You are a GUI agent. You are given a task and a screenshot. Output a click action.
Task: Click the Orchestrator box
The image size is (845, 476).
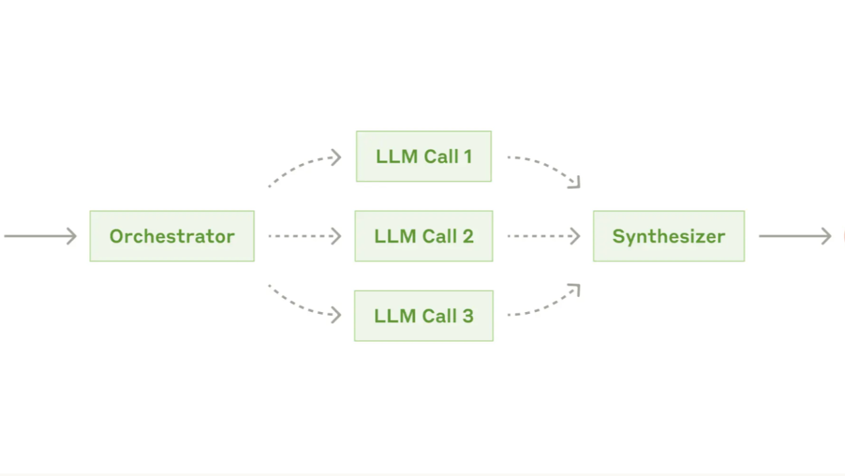(x=172, y=236)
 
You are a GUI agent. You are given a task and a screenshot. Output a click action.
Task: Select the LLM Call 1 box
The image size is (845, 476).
(x=423, y=156)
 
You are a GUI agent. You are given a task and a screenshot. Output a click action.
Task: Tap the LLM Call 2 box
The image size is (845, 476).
(x=423, y=236)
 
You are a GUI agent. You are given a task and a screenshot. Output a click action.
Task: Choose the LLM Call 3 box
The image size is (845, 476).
(x=423, y=315)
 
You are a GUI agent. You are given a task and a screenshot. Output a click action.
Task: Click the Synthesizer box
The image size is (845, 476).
(x=669, y=236)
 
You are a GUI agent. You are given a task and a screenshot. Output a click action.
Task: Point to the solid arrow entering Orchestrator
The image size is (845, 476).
(x=40, y=236)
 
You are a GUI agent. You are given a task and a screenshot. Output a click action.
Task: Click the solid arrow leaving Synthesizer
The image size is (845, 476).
(x=795, y=236)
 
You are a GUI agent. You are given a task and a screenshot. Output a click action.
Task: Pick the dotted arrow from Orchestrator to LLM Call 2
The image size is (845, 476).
(x=304, y=236)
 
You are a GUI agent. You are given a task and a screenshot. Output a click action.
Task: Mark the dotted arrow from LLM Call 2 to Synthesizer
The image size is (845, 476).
(x=543, y=236)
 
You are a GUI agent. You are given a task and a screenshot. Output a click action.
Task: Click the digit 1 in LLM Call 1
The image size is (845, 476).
(x=468, y=157)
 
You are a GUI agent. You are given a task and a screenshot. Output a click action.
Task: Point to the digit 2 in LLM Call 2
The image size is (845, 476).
(x=468, y=237)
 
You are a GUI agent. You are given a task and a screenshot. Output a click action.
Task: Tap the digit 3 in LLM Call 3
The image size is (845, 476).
(x=468, y=316)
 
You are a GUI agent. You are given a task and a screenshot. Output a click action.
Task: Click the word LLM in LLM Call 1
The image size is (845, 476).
(x=394, y=157)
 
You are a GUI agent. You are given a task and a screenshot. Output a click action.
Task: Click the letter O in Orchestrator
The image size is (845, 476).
(x=117, y=237)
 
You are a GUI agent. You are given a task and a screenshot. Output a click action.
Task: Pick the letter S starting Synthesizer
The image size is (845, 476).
(x=619, y=237)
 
